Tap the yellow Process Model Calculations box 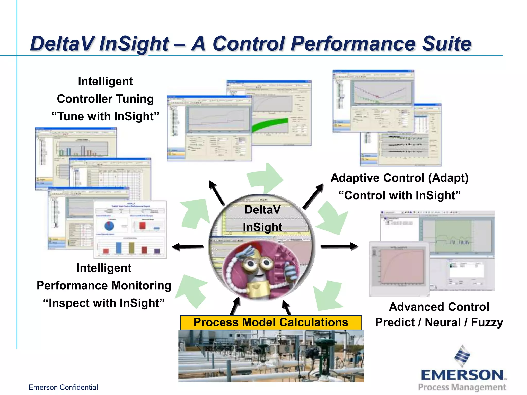pyautogui.click(x=271, y=322)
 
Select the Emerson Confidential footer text pyautogui.click(x=63, y=387)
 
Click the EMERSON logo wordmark pyautogui.click(x=462, y=375)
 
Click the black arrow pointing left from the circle pyautogui.click(x=188, y=247)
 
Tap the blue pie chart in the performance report pyautogui.click(x=109, y=226)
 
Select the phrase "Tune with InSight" pyautogui.click(x=105, y=116)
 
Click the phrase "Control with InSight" pyautogui.click(x=399, y=195)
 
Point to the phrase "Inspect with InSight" pyautogui.click(x=104, y=303)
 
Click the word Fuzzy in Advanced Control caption pyautogui.click(x=487, y=322)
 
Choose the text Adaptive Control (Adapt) pyautogui.click(x=399, y=178)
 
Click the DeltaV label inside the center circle pyautogui.click(x=262, y=210)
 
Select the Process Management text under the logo pyautogui.click(x=462, y=387)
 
